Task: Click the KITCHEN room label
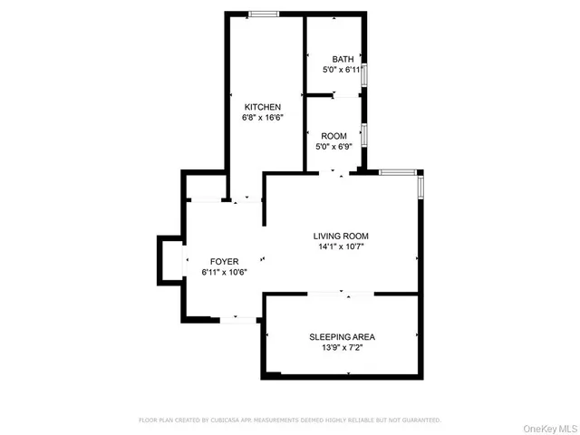(x=256, y=107)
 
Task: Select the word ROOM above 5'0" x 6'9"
(x=333, y=136)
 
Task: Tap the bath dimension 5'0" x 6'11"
(x=343, y=69)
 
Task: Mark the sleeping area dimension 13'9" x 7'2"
(x=342, y=347)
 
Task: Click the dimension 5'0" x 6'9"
(x=333, y=146)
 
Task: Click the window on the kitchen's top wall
(x=264, y=13)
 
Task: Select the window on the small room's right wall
(x=364, y=134)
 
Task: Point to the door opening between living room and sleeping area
(x=342, y=294)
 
